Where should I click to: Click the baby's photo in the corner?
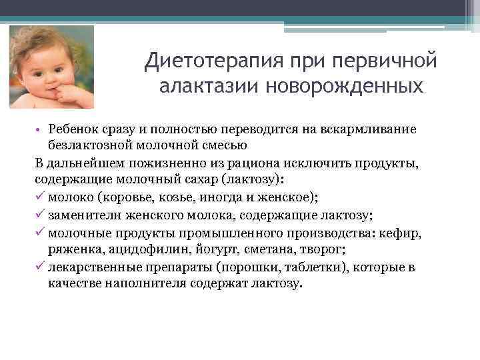[x=51, y=67]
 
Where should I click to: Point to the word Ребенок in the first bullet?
[x=70, y=128]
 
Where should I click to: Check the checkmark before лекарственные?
[x=39, y=267]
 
